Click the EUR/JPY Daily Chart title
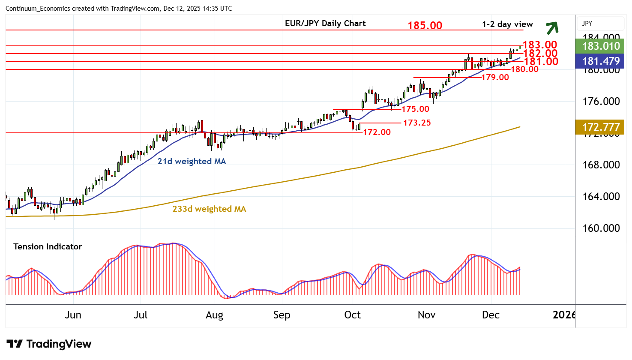click(325, 24)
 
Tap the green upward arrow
click(552, 28)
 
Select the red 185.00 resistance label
click(425, 26)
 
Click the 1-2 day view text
click(507, 24)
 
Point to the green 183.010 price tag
click(601, 46)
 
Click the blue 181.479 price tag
click(601, 61)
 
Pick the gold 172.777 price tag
click(601, 127)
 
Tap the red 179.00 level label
click(495, 78)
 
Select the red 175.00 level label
click(415, 109)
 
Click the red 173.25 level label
click(417, 123)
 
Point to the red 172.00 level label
click(377, 132)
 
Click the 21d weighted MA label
click(192, 162)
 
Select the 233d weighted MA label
click(209, 209)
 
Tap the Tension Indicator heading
click(48, 247)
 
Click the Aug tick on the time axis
click(214, 315)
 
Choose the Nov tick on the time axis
click(426, 315)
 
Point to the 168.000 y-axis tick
click(601, 165)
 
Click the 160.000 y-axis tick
click(601, 228)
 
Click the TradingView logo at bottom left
click(49, 344)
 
